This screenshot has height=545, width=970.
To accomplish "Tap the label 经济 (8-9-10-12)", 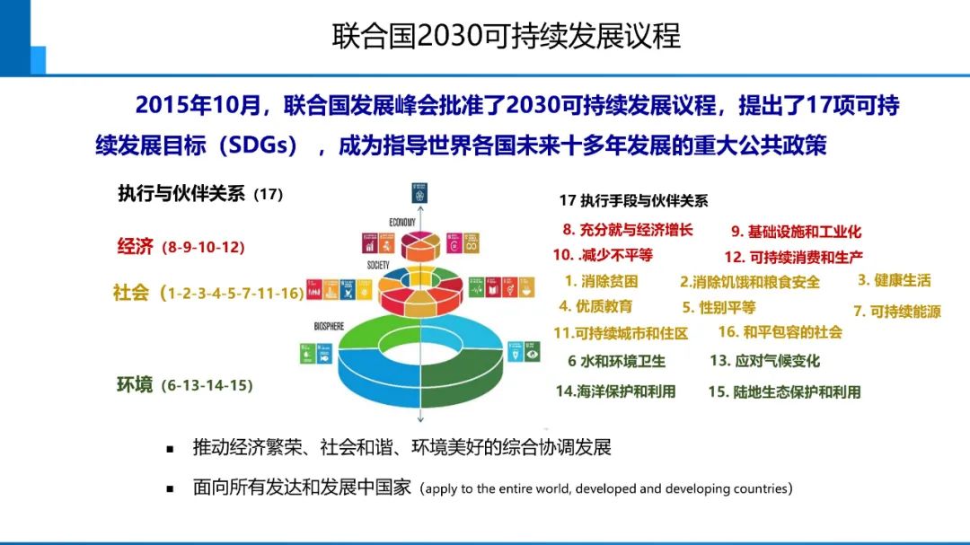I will (181, 247).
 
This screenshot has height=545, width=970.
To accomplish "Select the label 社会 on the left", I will (131, 293).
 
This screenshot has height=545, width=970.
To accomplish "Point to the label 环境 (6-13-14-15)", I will (184, 385).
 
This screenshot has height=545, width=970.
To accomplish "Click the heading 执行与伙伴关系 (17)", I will (200, 193).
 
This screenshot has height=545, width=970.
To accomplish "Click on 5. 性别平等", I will (719, 307).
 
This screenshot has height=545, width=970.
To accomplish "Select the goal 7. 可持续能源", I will (896, 312).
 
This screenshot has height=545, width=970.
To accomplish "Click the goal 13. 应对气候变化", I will (764, 361).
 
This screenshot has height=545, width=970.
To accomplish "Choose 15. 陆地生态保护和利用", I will (784, 391).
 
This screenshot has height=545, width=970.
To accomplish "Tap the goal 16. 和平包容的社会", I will (780, 332).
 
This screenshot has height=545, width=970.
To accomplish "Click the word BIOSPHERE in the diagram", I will (329, 326).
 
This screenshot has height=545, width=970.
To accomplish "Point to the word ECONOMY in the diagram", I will (402, 222).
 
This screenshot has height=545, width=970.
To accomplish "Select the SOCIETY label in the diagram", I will (377, 265).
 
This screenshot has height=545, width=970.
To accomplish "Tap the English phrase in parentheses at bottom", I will (606, 489).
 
